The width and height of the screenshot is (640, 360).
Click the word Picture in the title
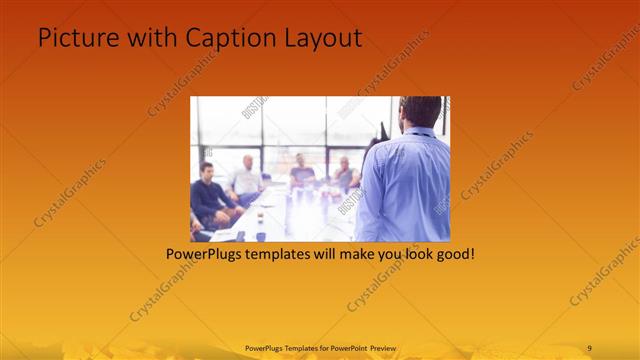click(73, 37)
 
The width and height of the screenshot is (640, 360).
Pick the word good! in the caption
click(454, 254)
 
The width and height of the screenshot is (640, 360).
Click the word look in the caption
click(407, 254)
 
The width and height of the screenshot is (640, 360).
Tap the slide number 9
click(589, 348)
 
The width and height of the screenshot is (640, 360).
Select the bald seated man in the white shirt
click(245, 181)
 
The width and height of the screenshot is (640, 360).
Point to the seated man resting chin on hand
click(344, 174)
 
